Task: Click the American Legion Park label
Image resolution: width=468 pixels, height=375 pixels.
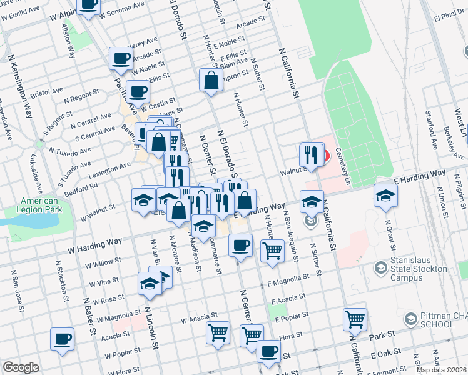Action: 40,205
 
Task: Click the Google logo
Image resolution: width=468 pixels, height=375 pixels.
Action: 21,367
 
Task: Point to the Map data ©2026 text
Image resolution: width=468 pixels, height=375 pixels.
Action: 442,370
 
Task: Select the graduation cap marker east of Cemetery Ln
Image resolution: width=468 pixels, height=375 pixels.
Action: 386,195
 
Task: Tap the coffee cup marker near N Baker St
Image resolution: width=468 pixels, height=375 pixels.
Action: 62,339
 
